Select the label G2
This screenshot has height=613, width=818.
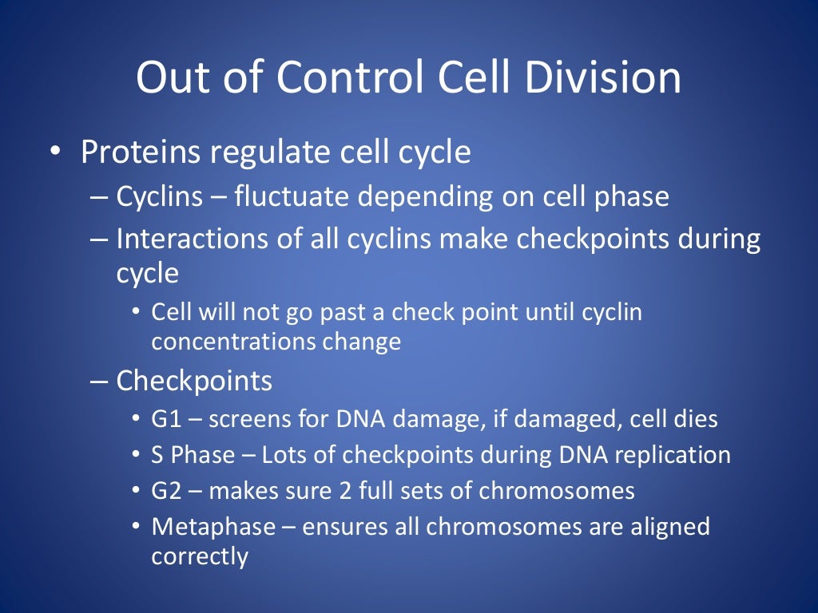[167, 490]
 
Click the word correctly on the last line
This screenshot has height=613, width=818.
[200, 556]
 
